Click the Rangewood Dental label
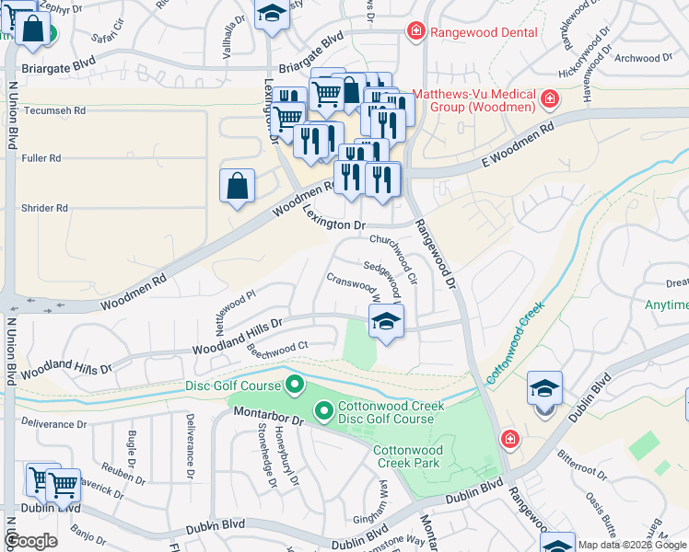pyautogui.click(x=484, y=32)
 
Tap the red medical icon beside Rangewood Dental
pyautogui.click(x=416, y=32)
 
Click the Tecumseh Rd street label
pyautogui.click(x=54, y=109)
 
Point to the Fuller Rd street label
pyautogui.click(x=41, y=158)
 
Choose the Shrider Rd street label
pyautogui.click(x=44, y=208)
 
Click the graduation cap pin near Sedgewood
pyautogui.click(x=386, y=322)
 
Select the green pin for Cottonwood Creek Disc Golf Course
pyautogui.click(x=324, y=410)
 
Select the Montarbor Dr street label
pyautogui.click(x=267, y=417)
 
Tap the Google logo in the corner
pyautogui.click(x=30, y=541)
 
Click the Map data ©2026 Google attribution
pyautogui.click(x=632, y=545)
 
